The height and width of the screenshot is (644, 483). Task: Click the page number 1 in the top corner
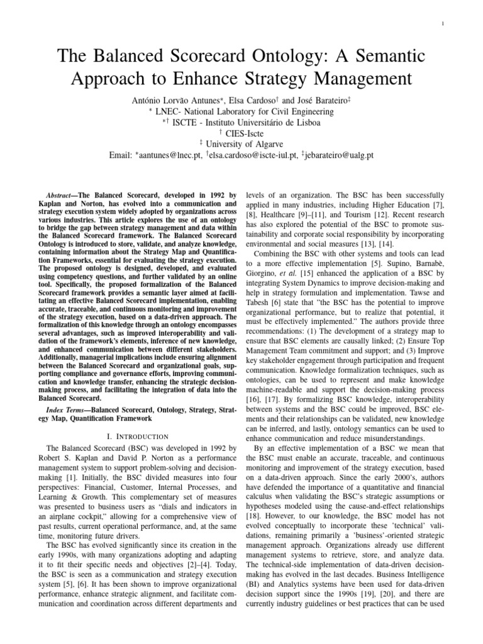point(443,24)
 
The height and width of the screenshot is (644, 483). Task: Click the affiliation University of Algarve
point(244,144)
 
